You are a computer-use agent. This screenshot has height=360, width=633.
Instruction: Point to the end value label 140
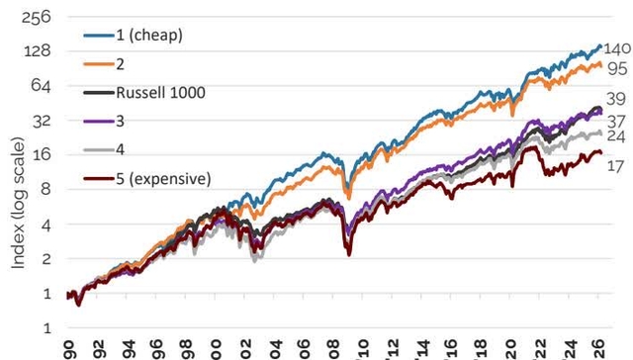(617, 48)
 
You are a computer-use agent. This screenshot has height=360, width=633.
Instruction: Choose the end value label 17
(613, 167)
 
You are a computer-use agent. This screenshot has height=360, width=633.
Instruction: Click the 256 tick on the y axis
(40, 16)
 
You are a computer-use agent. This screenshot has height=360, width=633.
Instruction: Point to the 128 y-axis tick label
(40, 50)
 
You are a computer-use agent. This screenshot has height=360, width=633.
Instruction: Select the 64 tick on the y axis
(44, 85)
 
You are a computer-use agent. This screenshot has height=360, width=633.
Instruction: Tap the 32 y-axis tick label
(44, 120)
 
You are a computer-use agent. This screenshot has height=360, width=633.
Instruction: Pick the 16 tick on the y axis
(44, 154)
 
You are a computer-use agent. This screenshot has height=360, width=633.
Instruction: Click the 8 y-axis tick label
(47, 190)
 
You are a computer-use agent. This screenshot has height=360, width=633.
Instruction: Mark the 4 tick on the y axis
(47, 225)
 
